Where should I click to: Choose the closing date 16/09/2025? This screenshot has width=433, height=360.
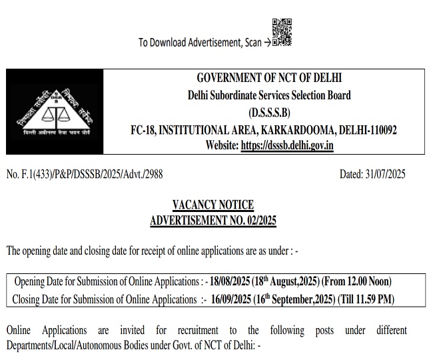tap(228, 299)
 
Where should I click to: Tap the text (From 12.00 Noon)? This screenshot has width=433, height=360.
tap(358, 281)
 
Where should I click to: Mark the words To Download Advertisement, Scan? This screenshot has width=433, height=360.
tap(199, 43)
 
